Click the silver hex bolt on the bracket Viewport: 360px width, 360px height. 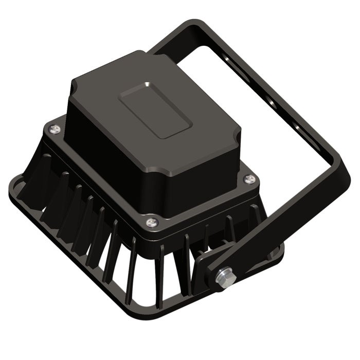pos(225,276)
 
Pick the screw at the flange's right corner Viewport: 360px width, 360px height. pos(250,178)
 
